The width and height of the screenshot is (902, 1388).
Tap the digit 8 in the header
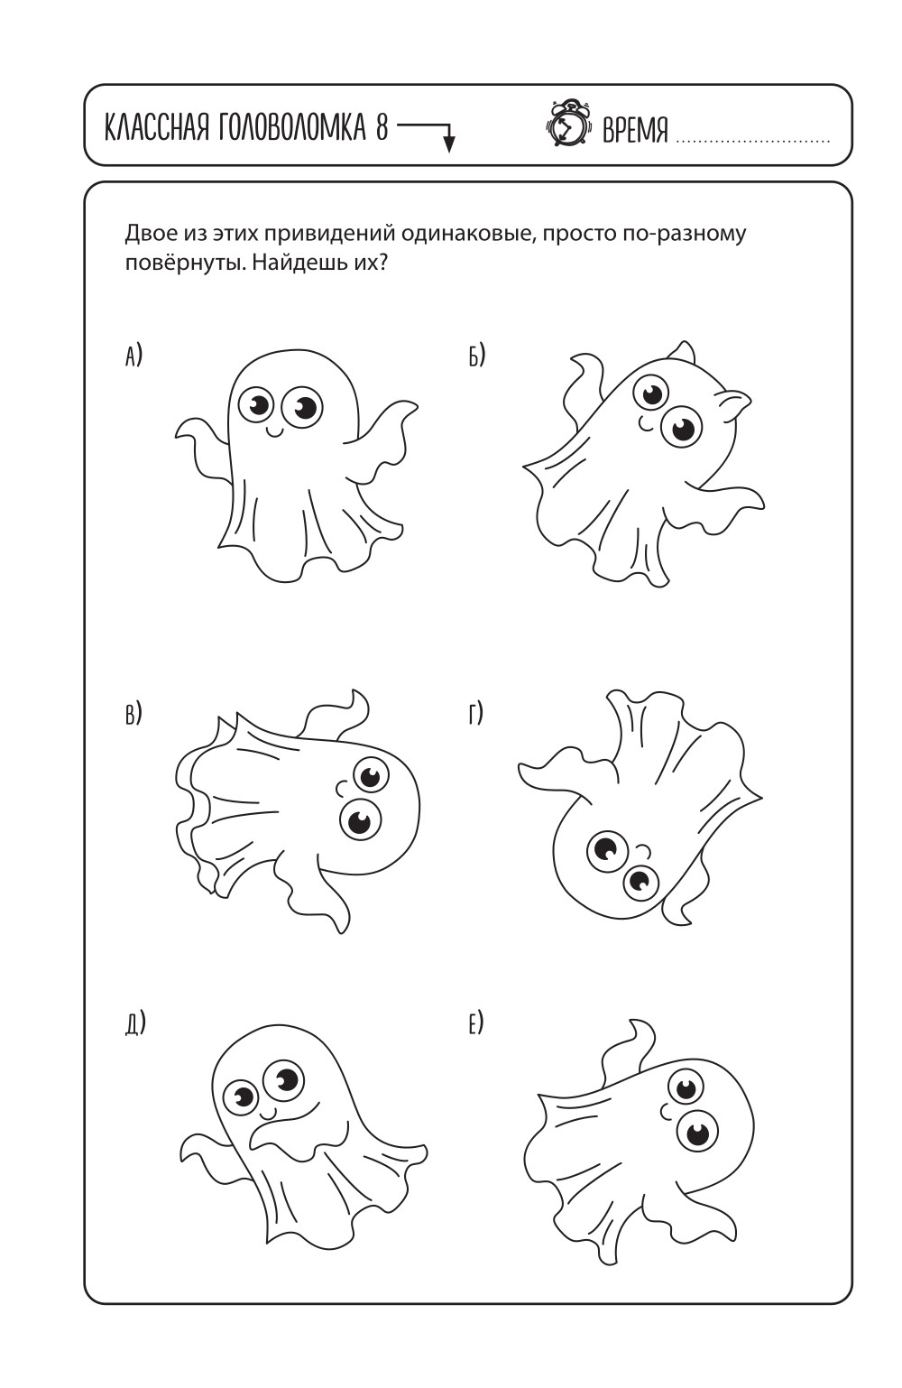coord(381,128)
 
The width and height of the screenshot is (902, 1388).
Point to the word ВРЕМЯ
coord(635,130)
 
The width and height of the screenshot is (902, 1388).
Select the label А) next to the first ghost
coord(133,356)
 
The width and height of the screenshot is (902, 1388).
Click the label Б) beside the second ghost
coord(476,356)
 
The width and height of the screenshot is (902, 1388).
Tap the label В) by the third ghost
coord(133,713)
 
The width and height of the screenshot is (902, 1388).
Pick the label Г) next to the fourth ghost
coord(475,713)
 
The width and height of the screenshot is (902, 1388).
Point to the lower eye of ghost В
coord(360,820)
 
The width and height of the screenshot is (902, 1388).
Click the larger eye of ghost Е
coord(697,1131)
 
